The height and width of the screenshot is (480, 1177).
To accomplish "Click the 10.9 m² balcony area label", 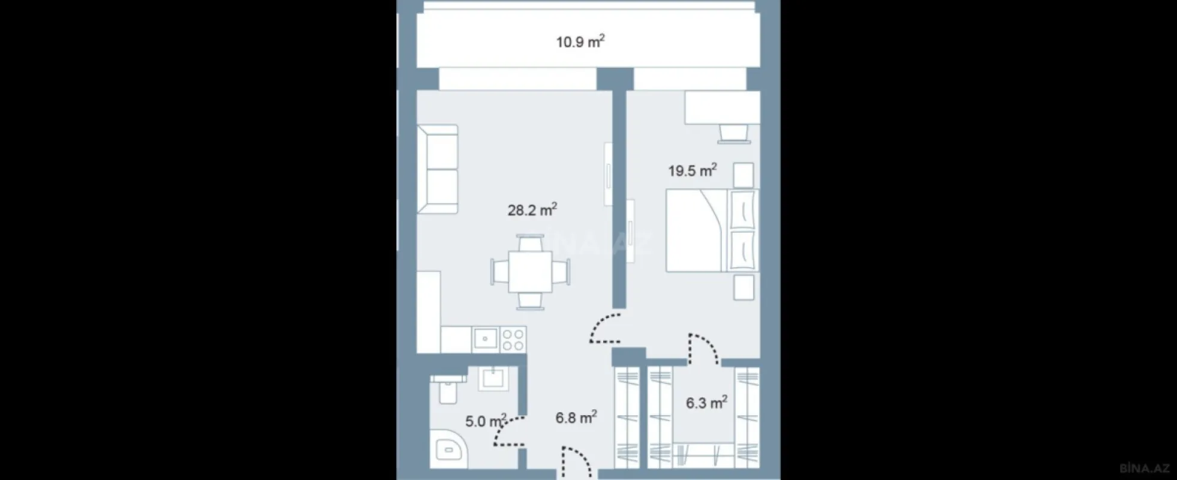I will [580, 42].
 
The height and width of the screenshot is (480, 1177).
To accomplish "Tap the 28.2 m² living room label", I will [532, 211].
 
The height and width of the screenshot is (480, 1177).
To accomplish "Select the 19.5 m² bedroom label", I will [693, 171].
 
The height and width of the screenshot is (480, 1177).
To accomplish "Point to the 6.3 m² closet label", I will [706, 403].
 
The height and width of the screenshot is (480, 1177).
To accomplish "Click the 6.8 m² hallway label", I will [576, 418].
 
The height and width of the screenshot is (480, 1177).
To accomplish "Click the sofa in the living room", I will [438, 169].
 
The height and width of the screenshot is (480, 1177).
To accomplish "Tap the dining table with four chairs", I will [530, 272].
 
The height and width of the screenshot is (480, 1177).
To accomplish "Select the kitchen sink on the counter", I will [484, 340].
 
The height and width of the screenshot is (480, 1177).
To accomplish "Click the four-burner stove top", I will [513, 340].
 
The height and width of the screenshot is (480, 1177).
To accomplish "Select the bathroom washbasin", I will [493, 379].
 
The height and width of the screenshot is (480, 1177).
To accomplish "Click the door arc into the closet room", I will [704, 348].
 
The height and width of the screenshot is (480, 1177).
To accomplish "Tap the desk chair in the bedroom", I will [734, 133].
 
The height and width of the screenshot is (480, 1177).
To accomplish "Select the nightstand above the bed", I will [743, 176].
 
